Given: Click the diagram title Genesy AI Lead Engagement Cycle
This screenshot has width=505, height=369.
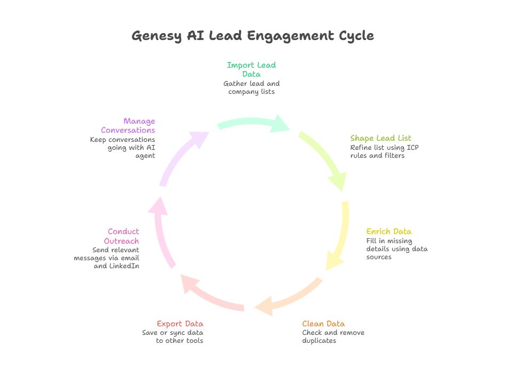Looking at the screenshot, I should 252,36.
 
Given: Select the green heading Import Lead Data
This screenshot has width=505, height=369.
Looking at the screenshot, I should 251,69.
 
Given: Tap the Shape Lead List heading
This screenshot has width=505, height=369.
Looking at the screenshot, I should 380,138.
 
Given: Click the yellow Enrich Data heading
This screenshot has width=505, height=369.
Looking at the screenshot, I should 389,231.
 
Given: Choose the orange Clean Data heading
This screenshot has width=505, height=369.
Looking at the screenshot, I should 323,324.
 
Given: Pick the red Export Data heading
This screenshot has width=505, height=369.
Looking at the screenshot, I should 180,324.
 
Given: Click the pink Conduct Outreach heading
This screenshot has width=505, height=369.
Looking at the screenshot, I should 123,236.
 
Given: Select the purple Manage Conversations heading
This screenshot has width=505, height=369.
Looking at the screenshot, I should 128,125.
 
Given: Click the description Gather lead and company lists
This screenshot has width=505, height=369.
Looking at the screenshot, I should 251,87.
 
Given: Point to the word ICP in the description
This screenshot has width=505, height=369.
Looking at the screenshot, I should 412,147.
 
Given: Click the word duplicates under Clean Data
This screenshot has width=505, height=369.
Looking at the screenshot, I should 319,341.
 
